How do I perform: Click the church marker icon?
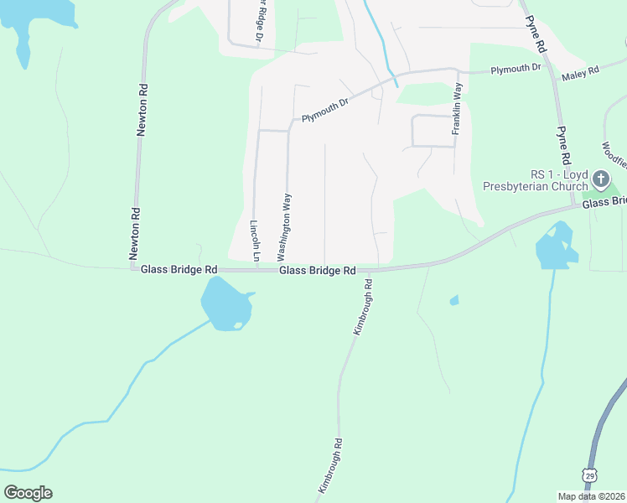[600, 179]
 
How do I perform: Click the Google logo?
[28, 493]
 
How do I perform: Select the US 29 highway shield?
[591, 476]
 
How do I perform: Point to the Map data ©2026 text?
[590, 496]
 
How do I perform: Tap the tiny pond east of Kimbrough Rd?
[454, 300]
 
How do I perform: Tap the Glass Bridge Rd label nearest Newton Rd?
[179, 269]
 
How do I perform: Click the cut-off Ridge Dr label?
[260, 18]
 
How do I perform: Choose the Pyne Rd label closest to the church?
[563, 145]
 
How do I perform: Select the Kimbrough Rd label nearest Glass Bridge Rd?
[361, 309]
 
